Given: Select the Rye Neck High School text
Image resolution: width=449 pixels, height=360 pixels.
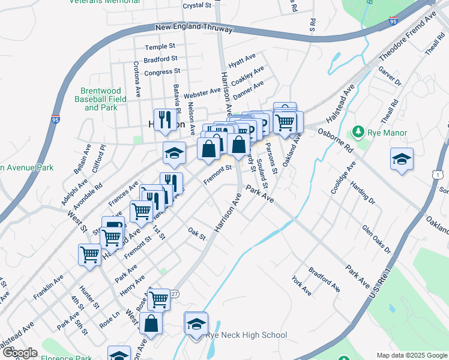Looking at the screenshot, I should [246, 335].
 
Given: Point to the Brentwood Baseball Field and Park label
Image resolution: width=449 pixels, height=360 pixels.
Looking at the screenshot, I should [101, 100].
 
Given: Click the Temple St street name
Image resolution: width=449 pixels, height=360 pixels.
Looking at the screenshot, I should [160, 46].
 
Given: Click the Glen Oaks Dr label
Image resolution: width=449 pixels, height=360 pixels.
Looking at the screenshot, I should [376, 239].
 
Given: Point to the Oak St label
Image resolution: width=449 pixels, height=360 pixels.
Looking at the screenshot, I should [196, 233].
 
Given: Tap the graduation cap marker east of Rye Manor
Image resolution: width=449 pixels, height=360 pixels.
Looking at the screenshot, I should [402, 159].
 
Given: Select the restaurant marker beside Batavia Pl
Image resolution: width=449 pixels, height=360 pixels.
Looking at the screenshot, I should [163, 120].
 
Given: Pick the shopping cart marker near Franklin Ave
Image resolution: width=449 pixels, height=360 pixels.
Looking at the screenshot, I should [89, 254].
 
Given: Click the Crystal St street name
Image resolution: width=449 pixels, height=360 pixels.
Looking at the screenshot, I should [197, 5].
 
